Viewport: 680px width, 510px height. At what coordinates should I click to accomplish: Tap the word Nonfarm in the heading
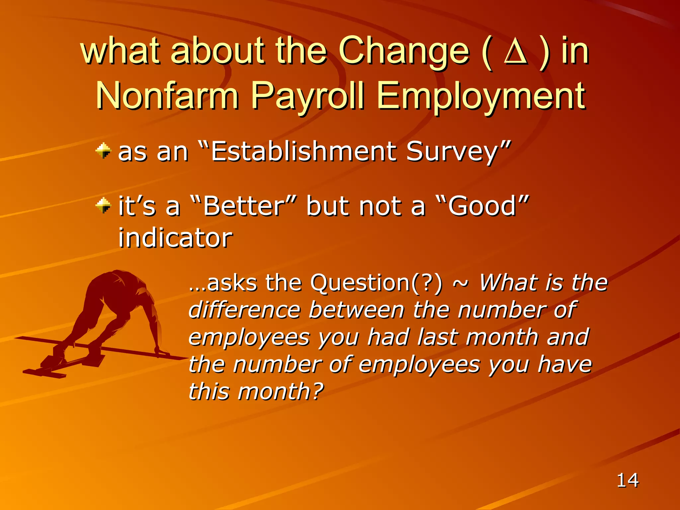coord(167,96)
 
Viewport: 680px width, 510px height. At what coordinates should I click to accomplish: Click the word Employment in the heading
coord(481,96)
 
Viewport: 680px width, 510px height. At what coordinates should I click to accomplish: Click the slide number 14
coord(627,480)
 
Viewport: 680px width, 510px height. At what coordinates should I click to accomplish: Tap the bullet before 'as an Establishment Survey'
coord(103,151)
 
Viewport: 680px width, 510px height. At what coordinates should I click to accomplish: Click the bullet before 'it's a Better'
coord(103,205)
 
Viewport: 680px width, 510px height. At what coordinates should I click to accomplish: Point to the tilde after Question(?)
coord(461,283)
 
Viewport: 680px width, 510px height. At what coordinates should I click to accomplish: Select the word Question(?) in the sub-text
coord(376,283)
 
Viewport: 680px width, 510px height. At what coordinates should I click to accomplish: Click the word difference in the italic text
coord(244,310)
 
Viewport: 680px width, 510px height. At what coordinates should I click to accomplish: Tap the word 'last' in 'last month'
coord(438,337)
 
